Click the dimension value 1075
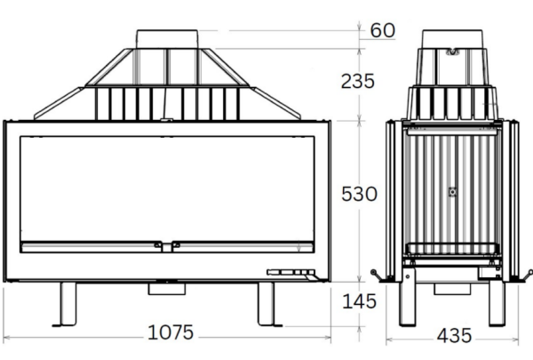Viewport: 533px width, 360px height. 170,332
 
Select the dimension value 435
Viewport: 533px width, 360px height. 454,336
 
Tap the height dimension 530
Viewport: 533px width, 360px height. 359,193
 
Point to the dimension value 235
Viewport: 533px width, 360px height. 359,81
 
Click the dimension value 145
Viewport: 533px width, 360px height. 359,302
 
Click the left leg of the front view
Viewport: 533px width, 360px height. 68,304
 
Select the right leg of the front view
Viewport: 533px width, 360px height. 269,304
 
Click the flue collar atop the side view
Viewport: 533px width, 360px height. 454,40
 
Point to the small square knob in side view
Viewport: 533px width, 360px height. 453,191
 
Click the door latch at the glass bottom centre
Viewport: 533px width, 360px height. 167,245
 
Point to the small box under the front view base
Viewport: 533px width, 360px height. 165,287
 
